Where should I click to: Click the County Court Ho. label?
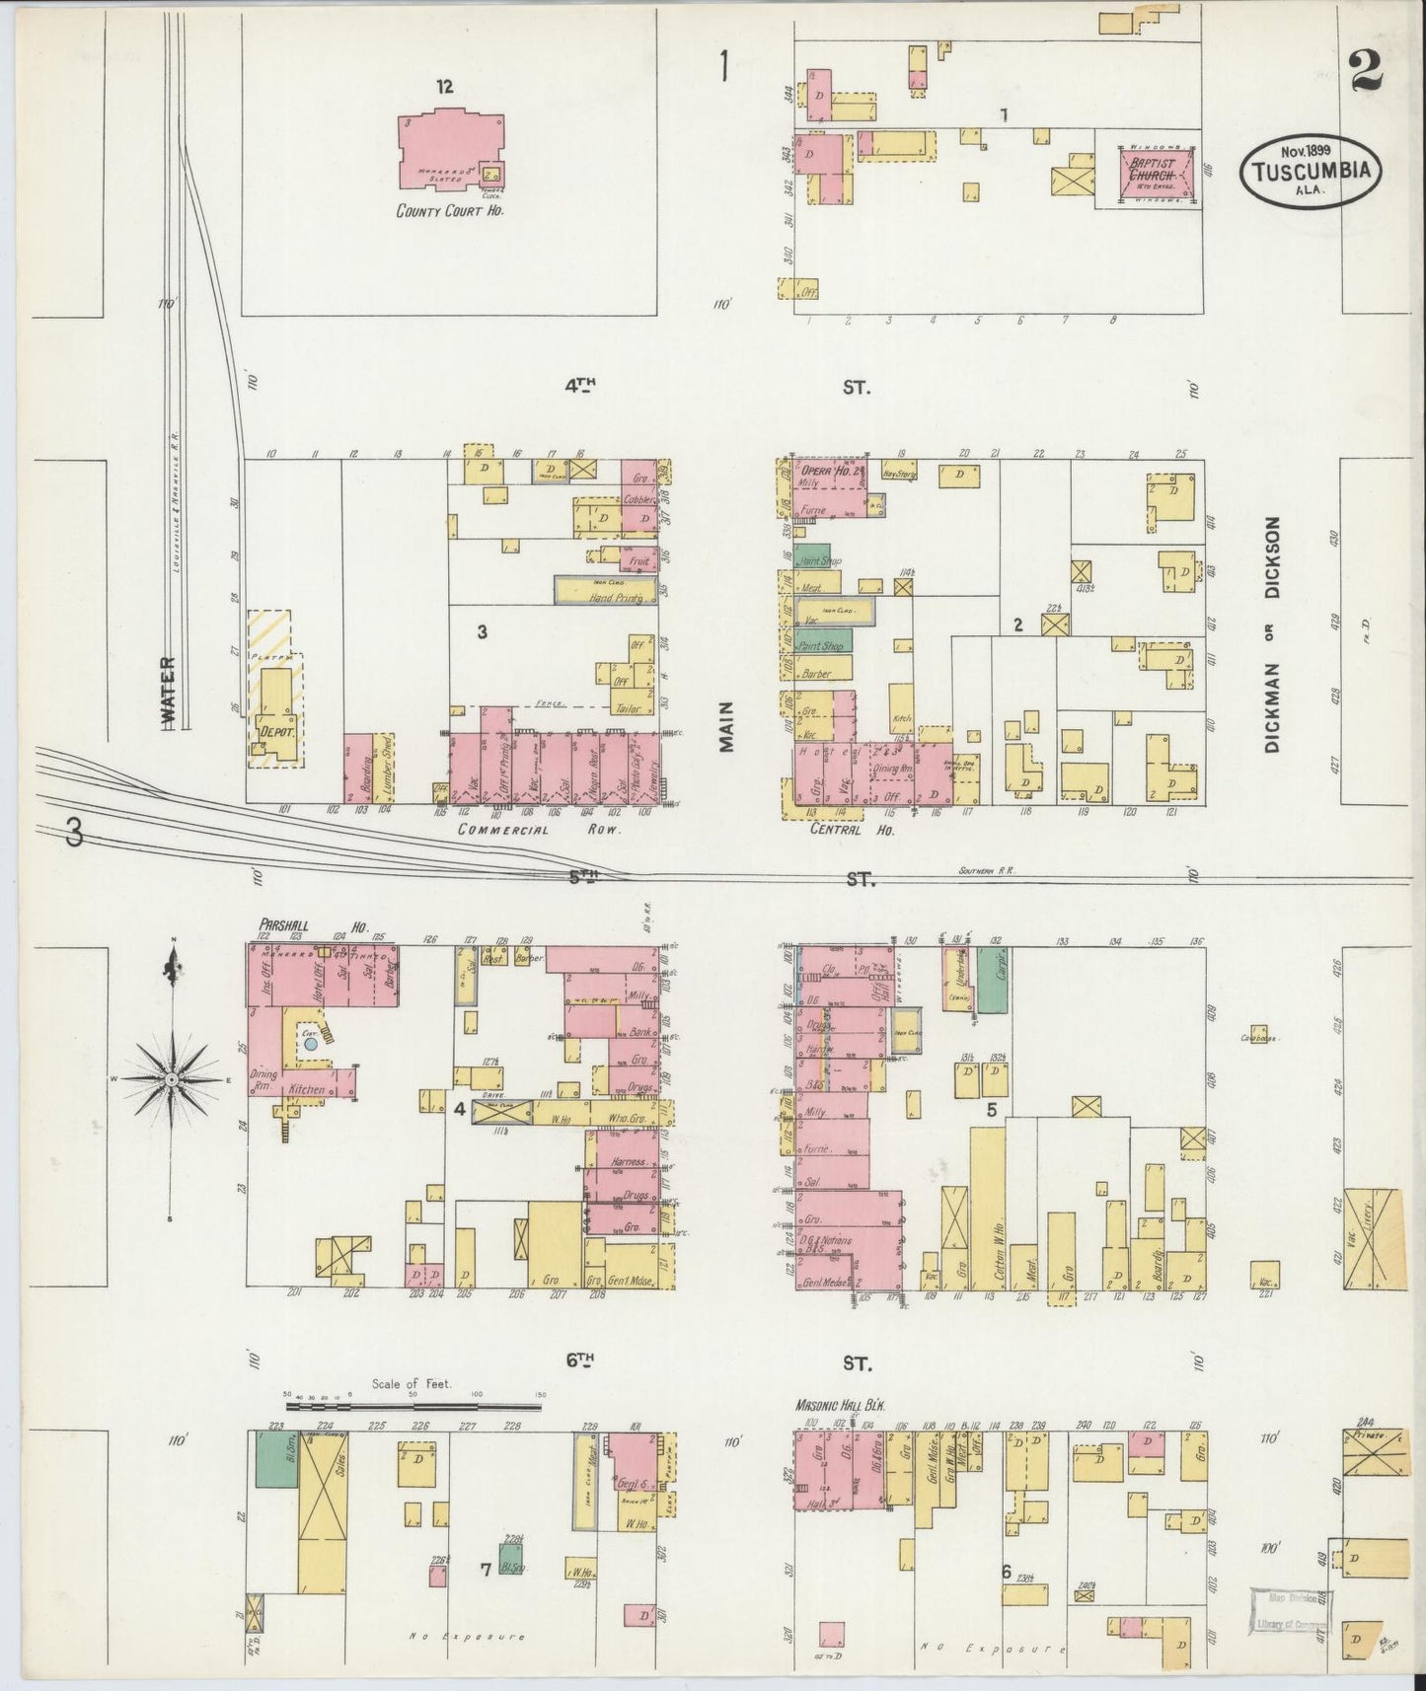pos(449,210)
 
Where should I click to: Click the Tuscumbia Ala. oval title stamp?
pos(1311,170)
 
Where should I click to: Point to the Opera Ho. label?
pos(827,470)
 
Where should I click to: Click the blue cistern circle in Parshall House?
pos(310,1043)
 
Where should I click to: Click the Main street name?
pos(727,727)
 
